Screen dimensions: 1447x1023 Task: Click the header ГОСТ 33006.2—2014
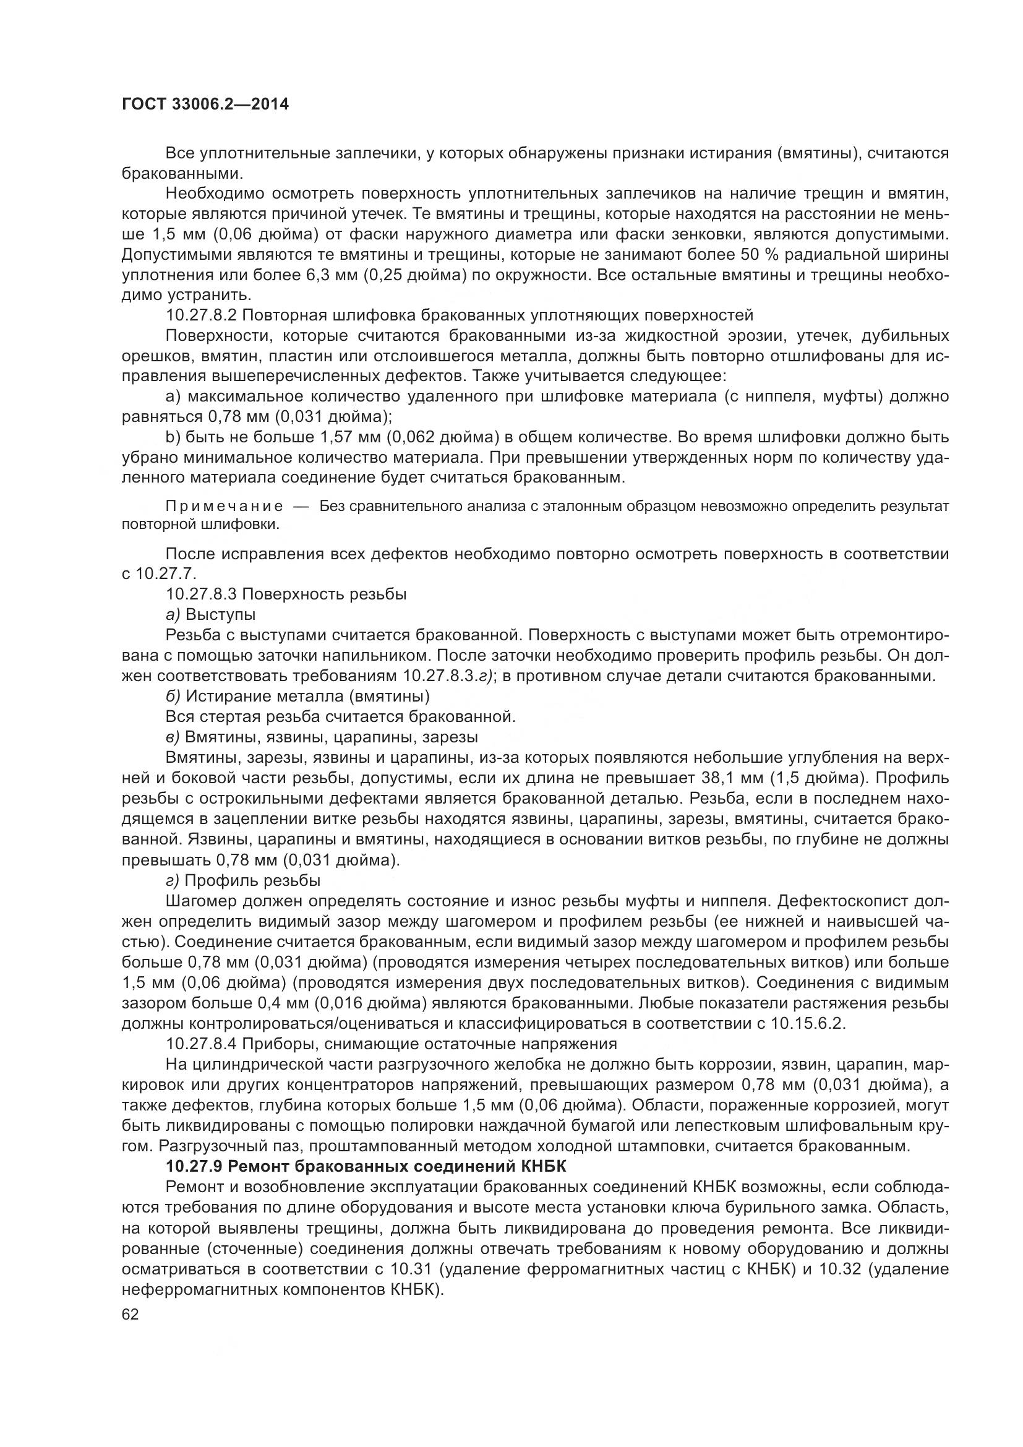tap(205, 105)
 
